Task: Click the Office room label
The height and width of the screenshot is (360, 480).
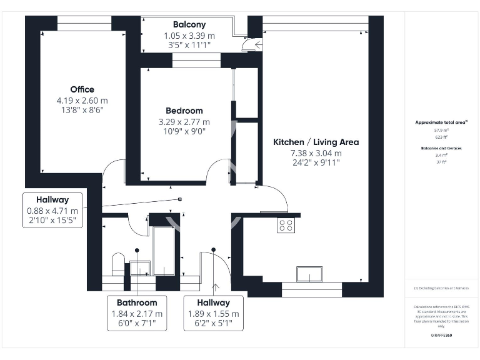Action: click(82, 89)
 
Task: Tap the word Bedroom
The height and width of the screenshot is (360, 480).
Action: click(184, 111)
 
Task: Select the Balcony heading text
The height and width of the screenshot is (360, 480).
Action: click(189, 25)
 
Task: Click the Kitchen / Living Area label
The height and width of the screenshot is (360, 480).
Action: click(316, 142)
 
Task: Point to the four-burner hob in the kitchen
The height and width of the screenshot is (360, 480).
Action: click(286, 225)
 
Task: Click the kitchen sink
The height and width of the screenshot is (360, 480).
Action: click(310, 274)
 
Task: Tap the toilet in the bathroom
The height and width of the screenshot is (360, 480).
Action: click(117, 263)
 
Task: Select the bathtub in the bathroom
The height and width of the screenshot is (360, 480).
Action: click(164, 251)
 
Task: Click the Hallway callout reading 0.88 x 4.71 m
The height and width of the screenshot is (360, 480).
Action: click(53, 211)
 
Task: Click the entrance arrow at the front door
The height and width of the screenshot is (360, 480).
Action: click(216, 287)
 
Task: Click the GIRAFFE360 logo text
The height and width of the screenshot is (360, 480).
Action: click(441, 336)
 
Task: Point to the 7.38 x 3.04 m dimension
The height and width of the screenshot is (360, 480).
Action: click(316, 153)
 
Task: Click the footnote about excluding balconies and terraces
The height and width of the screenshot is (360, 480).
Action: click(441, 288)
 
